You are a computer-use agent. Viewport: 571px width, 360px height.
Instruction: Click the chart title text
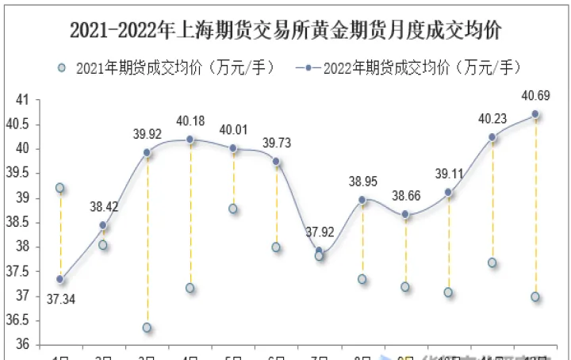(x=285, y=30)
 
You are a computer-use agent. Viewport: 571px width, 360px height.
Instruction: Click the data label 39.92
(x=147, y=134)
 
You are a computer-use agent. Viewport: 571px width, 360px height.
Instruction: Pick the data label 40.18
(x=190, y=121)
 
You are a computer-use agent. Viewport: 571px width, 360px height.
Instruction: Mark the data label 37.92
(x=318, y=232)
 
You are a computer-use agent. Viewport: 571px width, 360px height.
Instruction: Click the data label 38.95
(x=362, y=182)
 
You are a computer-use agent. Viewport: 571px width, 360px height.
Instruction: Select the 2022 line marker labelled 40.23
(x=492, y=137)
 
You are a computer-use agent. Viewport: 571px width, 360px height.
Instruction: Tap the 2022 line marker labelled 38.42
(x=103, y=225)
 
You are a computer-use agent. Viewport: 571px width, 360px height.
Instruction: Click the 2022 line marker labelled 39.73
(x=276, y=161)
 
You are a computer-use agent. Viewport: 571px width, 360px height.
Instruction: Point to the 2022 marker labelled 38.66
(x=405, y=214)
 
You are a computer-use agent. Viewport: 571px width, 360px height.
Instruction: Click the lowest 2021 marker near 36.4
(x=147, y=327)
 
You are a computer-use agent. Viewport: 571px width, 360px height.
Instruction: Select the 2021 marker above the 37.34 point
(x=60, y=188)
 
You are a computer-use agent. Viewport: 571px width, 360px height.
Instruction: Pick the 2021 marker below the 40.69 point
(x=535, y=297)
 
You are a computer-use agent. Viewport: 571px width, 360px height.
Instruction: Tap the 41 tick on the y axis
(x=22, y=100)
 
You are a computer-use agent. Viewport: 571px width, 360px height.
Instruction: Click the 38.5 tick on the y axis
(x=19, y=223)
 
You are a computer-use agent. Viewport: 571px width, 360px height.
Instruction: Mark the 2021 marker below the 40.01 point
(x=233, y=209)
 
